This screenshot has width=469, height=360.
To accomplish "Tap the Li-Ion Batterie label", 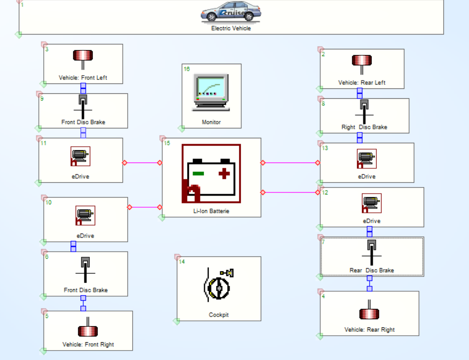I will [211, 211].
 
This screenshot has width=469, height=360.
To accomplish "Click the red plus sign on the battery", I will [225, 173].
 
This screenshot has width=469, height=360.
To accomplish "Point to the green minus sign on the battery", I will [198, 173].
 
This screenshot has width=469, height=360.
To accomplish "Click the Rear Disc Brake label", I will [371, 270].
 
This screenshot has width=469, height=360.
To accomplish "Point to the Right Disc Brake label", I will [364, 127].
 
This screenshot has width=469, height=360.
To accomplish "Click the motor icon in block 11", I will [80, 157].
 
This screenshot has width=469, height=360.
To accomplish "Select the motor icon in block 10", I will [85, 215].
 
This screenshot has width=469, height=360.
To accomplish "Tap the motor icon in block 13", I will [366, 159].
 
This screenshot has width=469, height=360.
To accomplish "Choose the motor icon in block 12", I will [371, 203].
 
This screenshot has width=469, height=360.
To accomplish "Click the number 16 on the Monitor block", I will [187, 69].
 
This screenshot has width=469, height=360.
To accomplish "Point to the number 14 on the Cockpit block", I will [182, 262].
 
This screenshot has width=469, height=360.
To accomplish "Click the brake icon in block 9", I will [83, 106].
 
